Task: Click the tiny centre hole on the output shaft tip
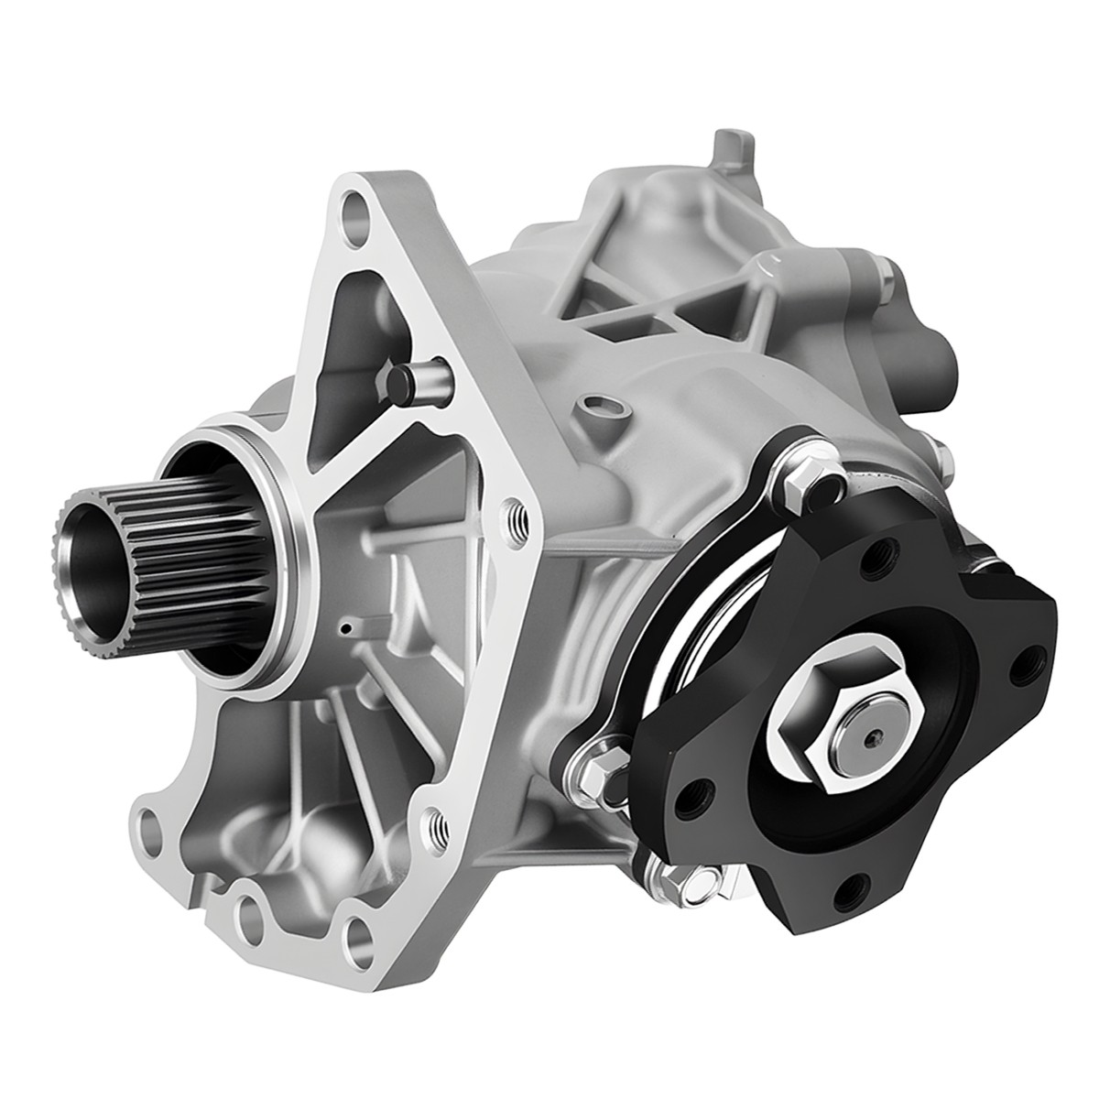pyautogui.click(x=876, y=736)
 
